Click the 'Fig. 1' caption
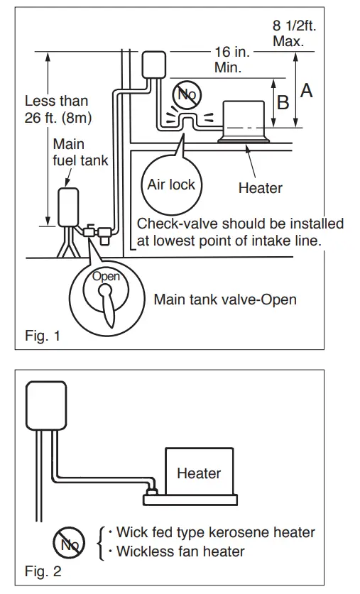point(42,336)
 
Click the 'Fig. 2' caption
point(42,571)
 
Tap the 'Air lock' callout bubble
point(170,185)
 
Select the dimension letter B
point(283,103)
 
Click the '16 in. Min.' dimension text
point(230,60)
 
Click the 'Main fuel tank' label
point(80,153)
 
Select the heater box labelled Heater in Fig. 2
point(199,473)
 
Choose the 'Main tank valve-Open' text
point(224,299)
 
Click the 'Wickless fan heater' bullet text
point(180,551)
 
